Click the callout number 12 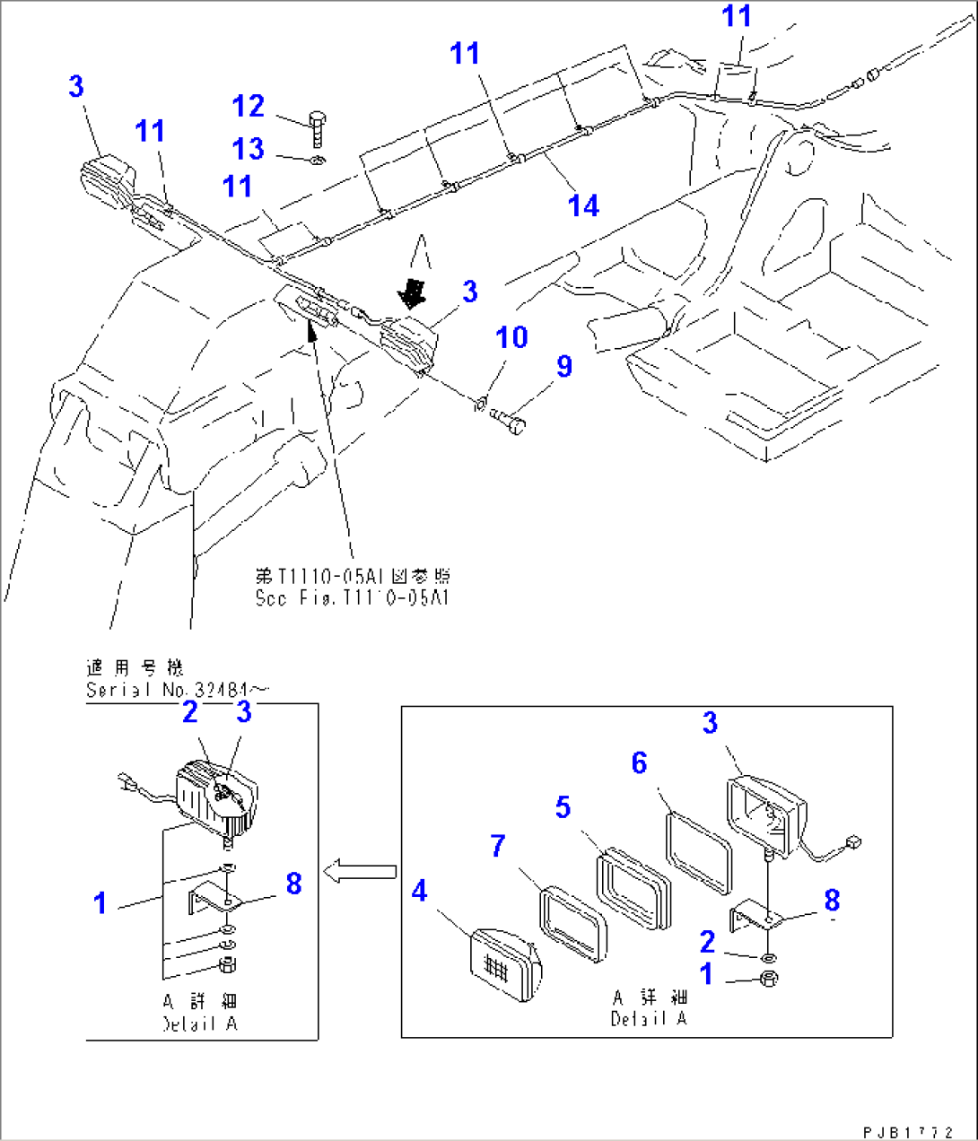pyautogui.click(x=249, y=107)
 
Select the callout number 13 pyautogui.click(x=249, y=149)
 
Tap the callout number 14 pyautogui.click(x=583, y=206)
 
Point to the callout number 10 pyautogui.click(x=511, y=338)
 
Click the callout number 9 pyautogui.click(x=563, y=366)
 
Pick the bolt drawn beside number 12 pyautogui.click(x=316, y=127)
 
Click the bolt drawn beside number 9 pyautogui.click(x=511, y=418)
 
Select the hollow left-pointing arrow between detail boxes pyautogui.click(x=359, y=870)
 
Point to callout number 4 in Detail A pyautogui.click(x=419, y=892)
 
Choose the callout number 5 pyautogui.click(x=563, y=807)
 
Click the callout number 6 pyautogui.click(x=639, y=763)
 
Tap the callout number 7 pyautogui.click(x=498, y=845)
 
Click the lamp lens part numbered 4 pyautogui.click(x=503, y=964)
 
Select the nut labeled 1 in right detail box pyautogui.click(x=769, y=979)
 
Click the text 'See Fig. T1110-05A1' pyautogui.click(x=352, y=598)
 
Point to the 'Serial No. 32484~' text pyautogui.click(x=176, y=690)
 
